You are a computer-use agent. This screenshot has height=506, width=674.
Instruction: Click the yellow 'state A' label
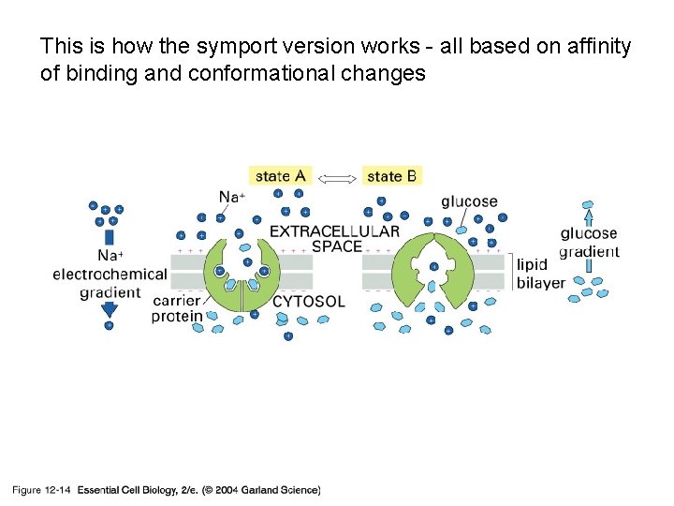[280, 175]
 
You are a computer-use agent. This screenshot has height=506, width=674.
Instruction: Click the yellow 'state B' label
[391, 175]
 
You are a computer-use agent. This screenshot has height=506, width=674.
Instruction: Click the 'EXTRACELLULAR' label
[334, 231]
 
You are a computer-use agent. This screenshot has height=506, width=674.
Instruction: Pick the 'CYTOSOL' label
[308, 302]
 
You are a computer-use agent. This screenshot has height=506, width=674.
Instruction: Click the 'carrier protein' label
[177, 308]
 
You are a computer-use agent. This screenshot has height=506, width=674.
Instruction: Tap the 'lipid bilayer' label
[540, 274]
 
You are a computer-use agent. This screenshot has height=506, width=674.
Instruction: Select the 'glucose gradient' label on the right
[589, 242]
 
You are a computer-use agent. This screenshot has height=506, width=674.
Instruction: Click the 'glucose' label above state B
[469, 201]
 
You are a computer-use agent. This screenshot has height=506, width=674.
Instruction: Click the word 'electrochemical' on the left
[110, 275]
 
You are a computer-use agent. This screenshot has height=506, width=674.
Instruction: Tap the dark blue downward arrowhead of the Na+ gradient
[110, 310]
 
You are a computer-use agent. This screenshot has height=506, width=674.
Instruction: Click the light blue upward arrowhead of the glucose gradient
[589, 210]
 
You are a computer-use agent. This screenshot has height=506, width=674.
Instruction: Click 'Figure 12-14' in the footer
[41, 490]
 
